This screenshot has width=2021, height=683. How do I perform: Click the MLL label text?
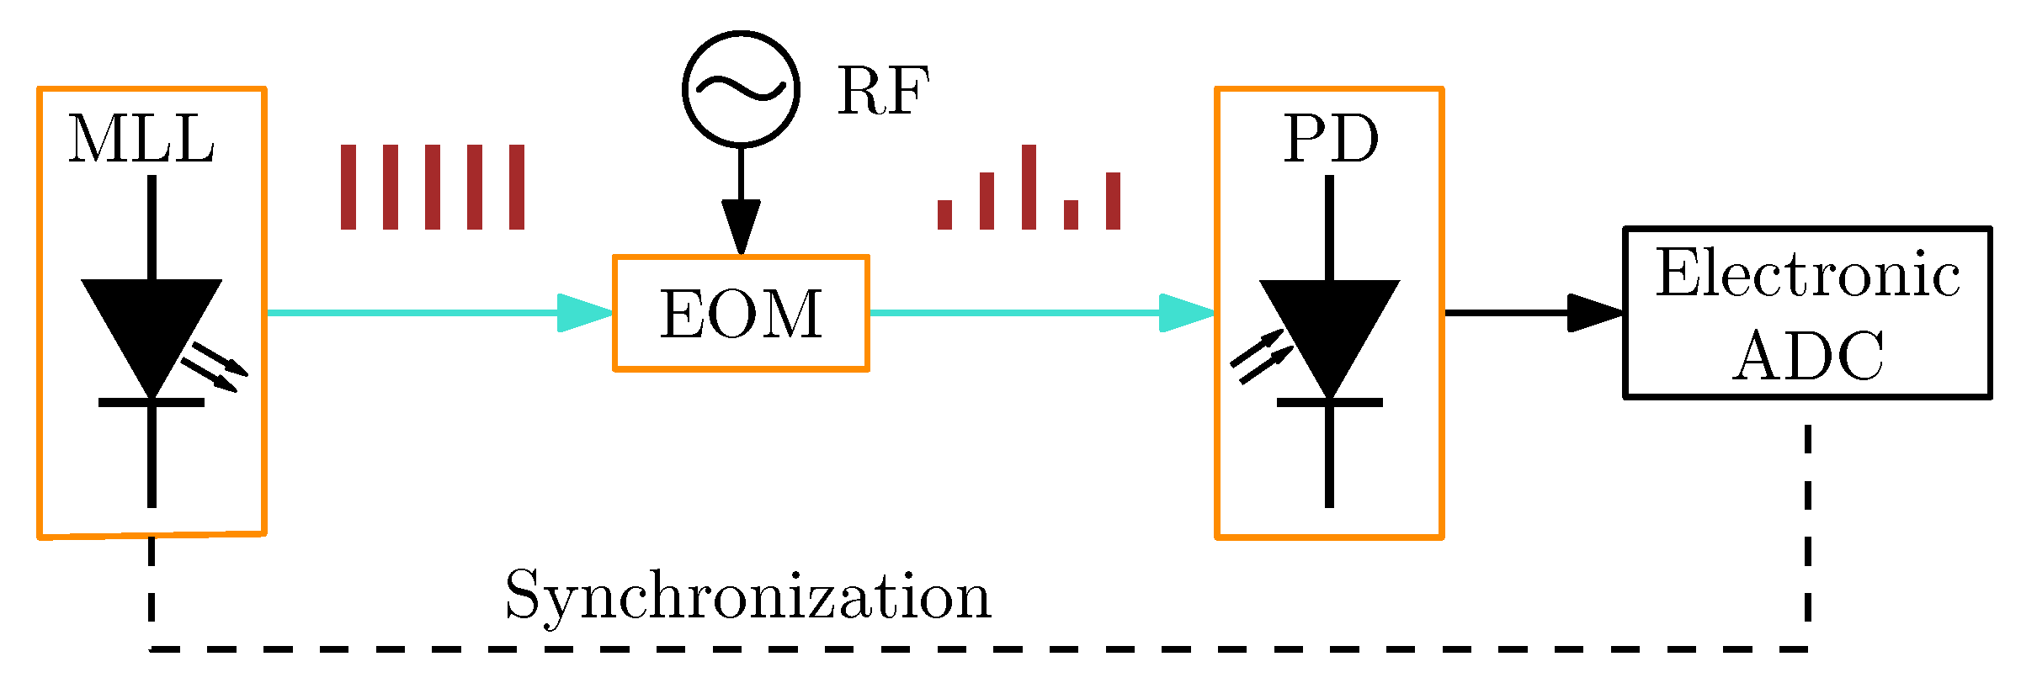click(141, 140)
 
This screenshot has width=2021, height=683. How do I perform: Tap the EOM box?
click(741, 313)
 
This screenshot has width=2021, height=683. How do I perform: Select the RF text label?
click(883, 91)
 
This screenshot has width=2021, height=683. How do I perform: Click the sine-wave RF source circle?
click(741, 89)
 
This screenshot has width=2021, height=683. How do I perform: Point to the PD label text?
click(1331, 140)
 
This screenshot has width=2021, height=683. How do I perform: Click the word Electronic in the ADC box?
click(1807, 274)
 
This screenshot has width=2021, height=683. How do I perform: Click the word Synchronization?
click(747, 596)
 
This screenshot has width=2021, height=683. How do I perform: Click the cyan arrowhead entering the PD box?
click(1187, 313)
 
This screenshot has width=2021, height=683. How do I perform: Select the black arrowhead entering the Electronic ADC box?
click(1596, 313)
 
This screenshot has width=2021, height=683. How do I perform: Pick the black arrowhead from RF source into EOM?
click(741, 225)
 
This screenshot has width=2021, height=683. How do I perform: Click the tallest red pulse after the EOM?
click(1029, 187)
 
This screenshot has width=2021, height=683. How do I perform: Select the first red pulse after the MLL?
click(348, 187)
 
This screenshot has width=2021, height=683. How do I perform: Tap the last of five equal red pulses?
click(517, 187)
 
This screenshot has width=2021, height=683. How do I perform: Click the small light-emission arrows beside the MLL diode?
click(215, 367)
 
